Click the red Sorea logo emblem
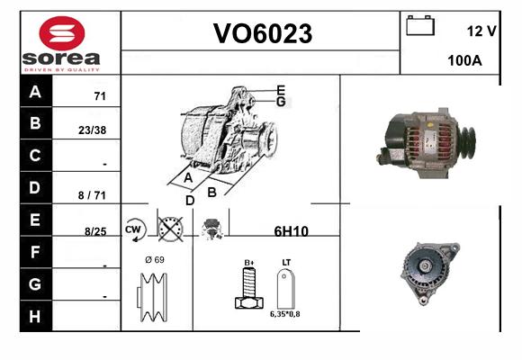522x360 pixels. click(x=62, y=33)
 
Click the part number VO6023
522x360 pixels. click(x=263, y=33)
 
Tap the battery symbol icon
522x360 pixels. click(x=420, y=25)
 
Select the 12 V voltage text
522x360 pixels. click(x=481, y=31)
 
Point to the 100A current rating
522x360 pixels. click(x=464, y=60)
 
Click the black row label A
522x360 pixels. click(x=36, y=91)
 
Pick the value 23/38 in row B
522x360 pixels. click(x=92, y=130)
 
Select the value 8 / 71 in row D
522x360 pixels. click(x=92, y=195)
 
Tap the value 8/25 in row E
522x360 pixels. click(x=95, y=231)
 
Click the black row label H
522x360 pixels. click(x=36, y=316)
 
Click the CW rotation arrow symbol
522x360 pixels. click(x=135, y=229)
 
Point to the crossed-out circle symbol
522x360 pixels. click(x=170, y=229)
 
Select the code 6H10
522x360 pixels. click(x=292, y=231)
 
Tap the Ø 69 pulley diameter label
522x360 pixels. click(x=155, y=260)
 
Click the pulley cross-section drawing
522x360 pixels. click(x=152, y=297)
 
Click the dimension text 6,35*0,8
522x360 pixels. click(x=285, y=314)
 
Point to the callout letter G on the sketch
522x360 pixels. click(x=281, y=102)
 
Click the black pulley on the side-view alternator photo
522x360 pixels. click(x=467, y=141)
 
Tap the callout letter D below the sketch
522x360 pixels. click(x=190, y=201)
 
